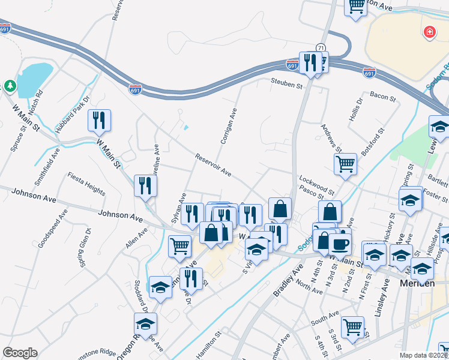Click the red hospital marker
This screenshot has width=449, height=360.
(x=429, y=33)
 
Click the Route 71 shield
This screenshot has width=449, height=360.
(x=322, y=47)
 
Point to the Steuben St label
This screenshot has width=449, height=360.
(x=286, y=85)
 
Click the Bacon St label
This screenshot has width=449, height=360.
(x=380, y=95)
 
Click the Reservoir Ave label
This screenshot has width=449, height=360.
(x=213, y=164)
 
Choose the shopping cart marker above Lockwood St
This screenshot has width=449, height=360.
(x=345, y=163)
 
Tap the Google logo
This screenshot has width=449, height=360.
(x=20, y=353)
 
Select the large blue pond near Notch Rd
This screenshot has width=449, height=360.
(x=32, y=78)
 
